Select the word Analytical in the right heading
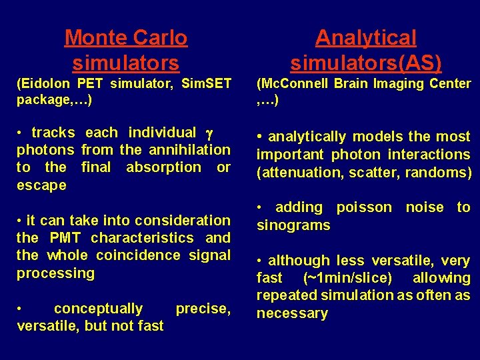click(x=365, y=38)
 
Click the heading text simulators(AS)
click(x=365, y=63)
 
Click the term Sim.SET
click(x=206, y=84)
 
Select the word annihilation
click(x=188, y=150)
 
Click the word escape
click(x=41, y=185)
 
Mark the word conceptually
click(x=98, y=309)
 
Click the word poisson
click(x=364, y=207)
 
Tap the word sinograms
click(x=293, y=225)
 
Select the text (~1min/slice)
click(x=347, y=278)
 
